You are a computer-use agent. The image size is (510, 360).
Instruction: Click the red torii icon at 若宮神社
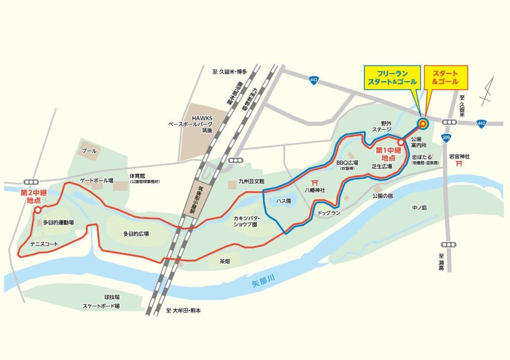458,165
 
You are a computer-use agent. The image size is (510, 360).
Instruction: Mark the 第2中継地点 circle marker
37,210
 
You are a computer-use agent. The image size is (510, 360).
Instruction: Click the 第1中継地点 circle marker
400,142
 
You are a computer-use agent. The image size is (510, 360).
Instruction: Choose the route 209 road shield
445,139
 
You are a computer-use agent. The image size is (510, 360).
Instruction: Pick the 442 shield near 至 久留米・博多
314,80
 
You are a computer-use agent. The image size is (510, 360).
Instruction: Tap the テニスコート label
44,244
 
